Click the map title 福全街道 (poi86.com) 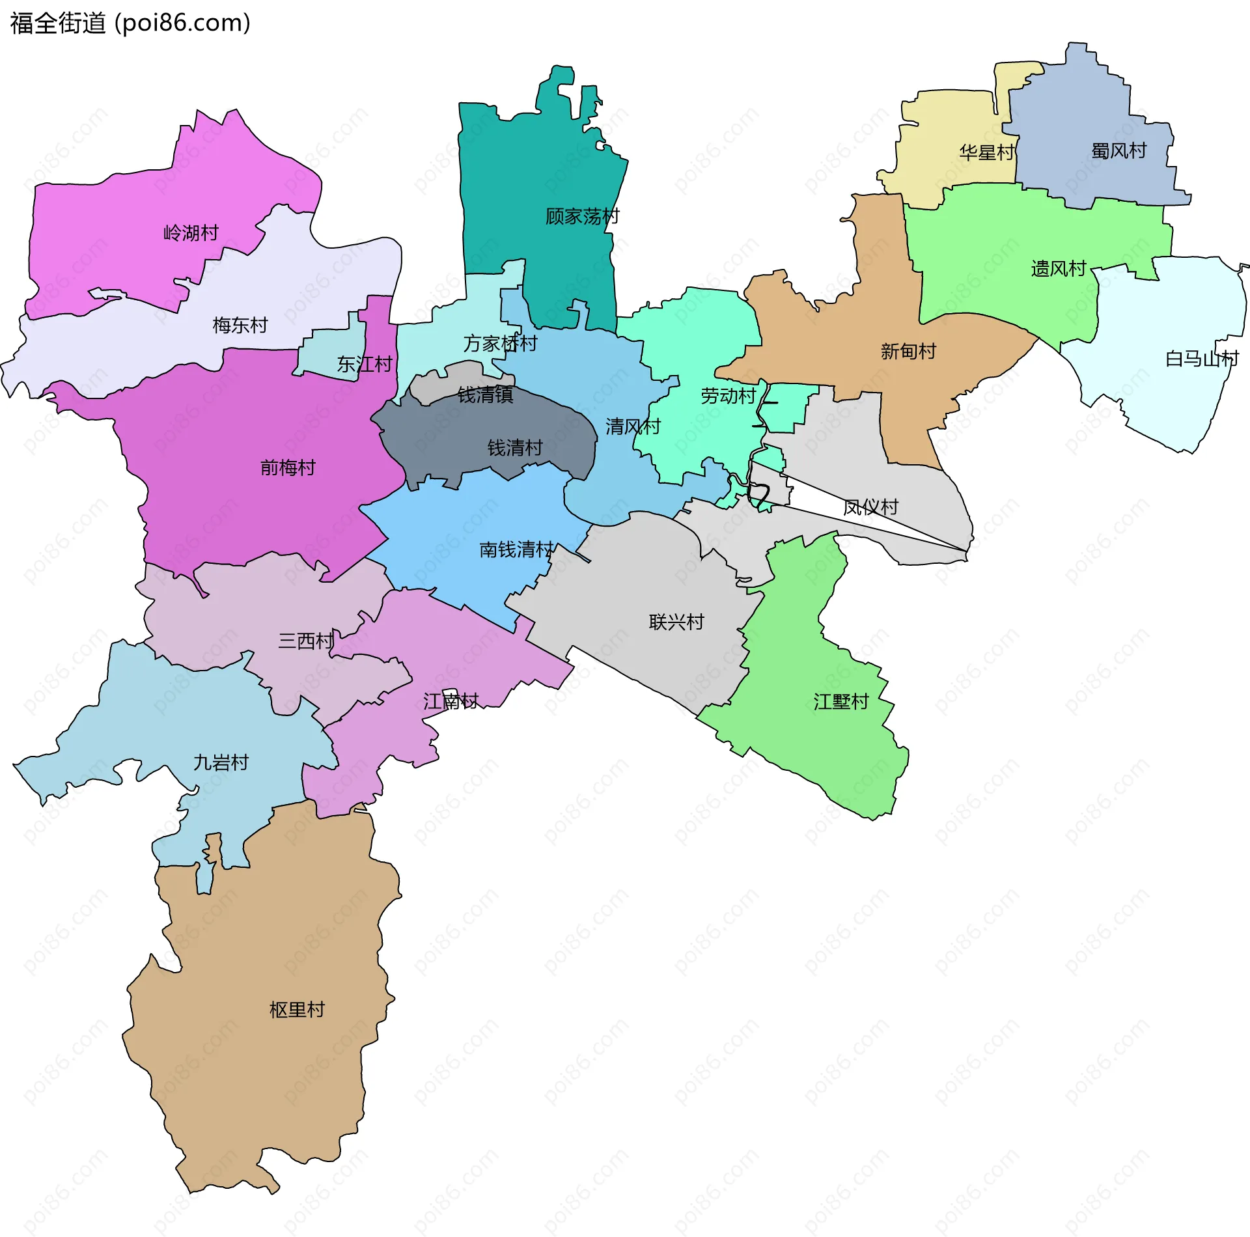pyautogui.click(x=130, y=23)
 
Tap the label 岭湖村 pyautogui.click(x=191, y=232)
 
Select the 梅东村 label pyautogui.click(x=240, y=325)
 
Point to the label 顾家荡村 pyautogui.click(x=582, y=216)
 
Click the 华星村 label pyautogui.click(x=986, y=152)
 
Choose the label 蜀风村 pyautogui.click(x=1118, y=150)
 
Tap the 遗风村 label pyautogui.click(x=1059, y=268)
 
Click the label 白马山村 pyautogui.click(x=1201, y=359)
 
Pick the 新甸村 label pyautogui.click(x=908, y=352)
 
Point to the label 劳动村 pyautogui.click(x=728, y=396)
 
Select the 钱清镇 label pyautogui.click(x=485, y=395)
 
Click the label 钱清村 pyautogui.click(x=515, y=448)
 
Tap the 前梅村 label pyautogui.click(x=288, y=467)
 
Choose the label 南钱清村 pyautogui.click(x=516, y=549)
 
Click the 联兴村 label pyautogui.click(x=676, y=622)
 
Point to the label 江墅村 pyautogui.click(x=841, y=701)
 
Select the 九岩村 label pyautogui.click(x=221, y=762)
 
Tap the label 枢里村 pyautogui.click(x=297, y=1010)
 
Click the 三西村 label pyautogui.click(x=306, y=641)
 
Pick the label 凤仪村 pyautogui.click(x=870, y=507)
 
